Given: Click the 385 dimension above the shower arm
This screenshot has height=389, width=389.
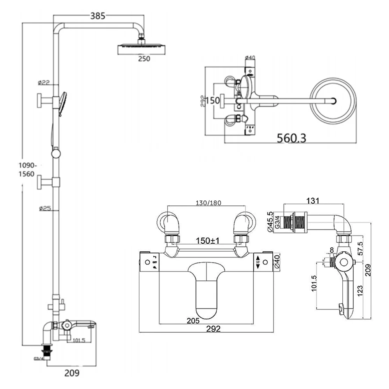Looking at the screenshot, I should tap(98, 16).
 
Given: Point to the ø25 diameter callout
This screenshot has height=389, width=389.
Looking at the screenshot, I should tap(45, 209).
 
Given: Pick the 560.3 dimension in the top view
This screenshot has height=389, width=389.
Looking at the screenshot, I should tap(291, 137).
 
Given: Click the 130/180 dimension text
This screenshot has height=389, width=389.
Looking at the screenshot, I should tap(207, 203).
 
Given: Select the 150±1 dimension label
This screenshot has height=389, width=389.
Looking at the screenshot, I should tap(207, 241).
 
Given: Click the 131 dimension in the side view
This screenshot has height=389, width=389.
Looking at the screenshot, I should tap(313, 201).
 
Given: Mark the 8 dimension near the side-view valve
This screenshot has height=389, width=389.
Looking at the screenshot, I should tap(331, 250).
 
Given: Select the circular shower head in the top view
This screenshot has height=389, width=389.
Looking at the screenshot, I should tap(333, 100).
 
